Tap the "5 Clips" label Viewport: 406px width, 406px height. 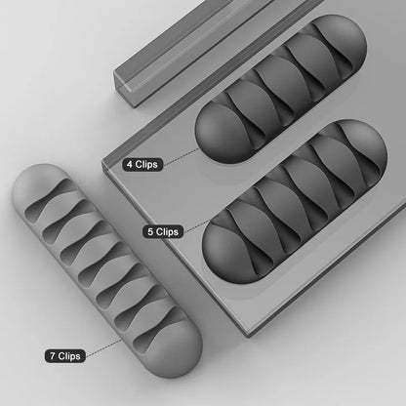[163, 231]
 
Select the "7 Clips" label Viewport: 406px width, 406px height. [63, 355]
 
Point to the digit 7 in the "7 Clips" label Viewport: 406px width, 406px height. [49, 355]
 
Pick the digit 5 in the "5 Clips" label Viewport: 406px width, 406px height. [148, 231]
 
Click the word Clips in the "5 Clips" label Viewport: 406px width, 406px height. [168, 231]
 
